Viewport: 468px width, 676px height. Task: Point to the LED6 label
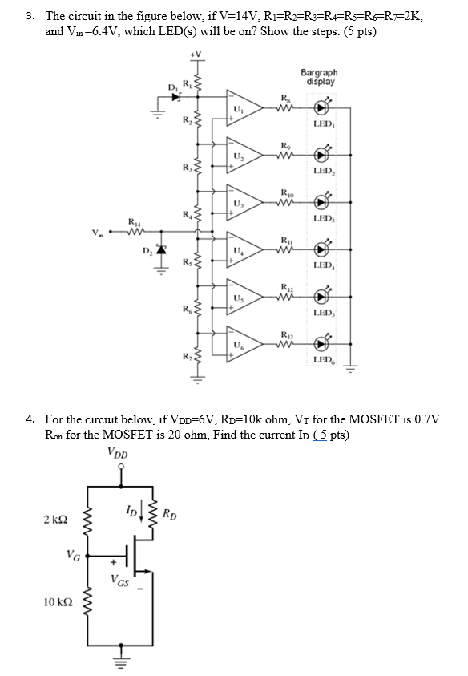tap(324, 360)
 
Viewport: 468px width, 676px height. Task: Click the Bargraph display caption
tap(318, 77)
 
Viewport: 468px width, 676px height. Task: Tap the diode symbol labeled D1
tap(176, 95)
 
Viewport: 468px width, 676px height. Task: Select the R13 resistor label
tap(286, 334)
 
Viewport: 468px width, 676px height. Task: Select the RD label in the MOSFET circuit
tap(171, 513)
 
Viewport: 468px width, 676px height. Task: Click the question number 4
tap(30, 419)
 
